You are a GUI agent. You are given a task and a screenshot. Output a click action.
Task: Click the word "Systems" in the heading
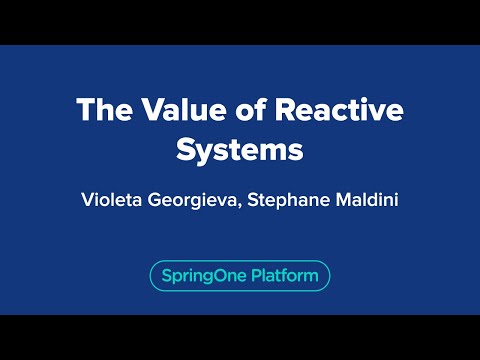tap(239, 152)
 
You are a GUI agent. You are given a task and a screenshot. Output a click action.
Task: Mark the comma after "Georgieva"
tap(250, 204)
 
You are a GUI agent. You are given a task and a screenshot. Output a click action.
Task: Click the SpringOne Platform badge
tap(239, 275)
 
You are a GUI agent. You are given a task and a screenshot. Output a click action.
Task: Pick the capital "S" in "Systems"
tap(187, 152)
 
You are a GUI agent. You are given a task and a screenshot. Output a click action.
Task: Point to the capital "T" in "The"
tap(86, 112)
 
